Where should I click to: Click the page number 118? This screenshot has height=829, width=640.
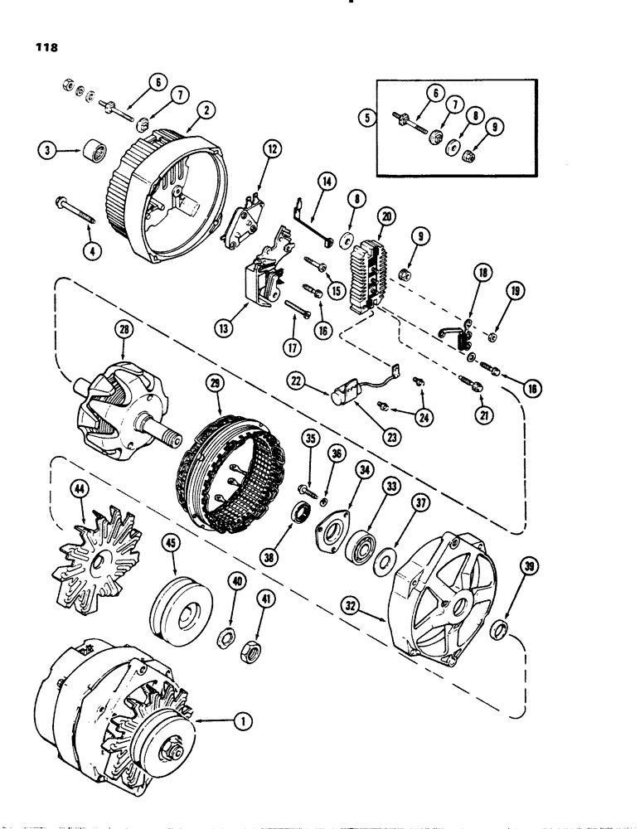[x=42, y=48]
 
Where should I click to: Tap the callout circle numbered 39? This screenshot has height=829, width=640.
[x=528, y=566]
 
